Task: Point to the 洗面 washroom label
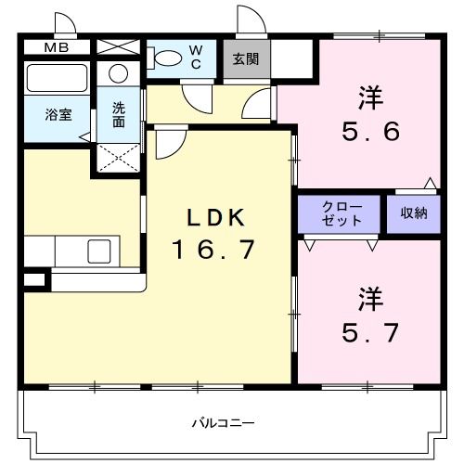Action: coord(119,113)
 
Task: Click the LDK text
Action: coord(215,219)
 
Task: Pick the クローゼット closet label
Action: coord(338,213)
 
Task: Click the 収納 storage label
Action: coord(414,213)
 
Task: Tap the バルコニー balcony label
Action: coord(223,423)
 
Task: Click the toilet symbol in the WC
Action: coord(167,58)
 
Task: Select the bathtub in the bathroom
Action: coord(56,77)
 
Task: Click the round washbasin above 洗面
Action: coord(119,74)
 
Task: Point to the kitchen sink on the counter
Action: coord(97,251)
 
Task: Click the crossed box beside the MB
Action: coord(117,46)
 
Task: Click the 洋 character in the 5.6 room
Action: coord(371,96)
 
